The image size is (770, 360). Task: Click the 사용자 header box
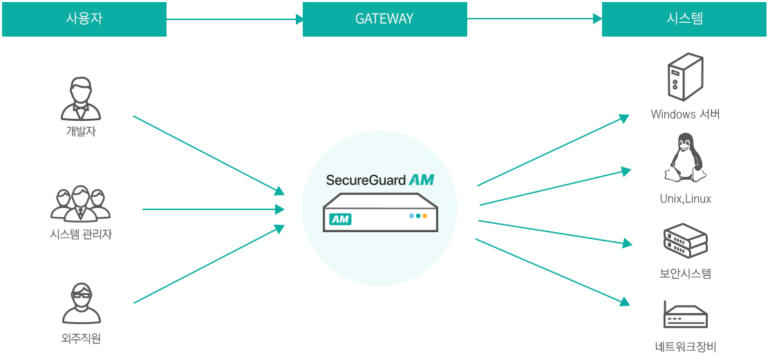(x=84, y=19)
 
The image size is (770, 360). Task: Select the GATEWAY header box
(x=384, y=19)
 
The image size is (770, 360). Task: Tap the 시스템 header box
(x=684, y=19)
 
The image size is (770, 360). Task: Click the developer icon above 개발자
(x=81, y=100)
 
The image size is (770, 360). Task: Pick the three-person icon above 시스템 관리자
(x=81, y=204)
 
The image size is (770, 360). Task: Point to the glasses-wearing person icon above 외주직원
(x=81, y=304)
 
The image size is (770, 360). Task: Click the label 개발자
(x=81, y=131)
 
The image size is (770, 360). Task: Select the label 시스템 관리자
(x=81, y=234)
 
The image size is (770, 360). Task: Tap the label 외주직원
(x=81, y=339)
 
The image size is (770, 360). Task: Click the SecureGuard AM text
(x=380, y=180)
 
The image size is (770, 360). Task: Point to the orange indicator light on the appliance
(x=424, y=216)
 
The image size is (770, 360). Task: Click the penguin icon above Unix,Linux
(x=685, y=159)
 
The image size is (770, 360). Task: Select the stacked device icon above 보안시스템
(x=685, y=240)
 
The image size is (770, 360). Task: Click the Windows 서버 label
(x=685, y=114)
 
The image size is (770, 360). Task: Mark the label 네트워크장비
(x=685, y=347)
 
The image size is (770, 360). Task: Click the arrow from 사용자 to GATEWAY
(x=234, y=19)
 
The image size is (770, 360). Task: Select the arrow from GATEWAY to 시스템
(x=534, y=19)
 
